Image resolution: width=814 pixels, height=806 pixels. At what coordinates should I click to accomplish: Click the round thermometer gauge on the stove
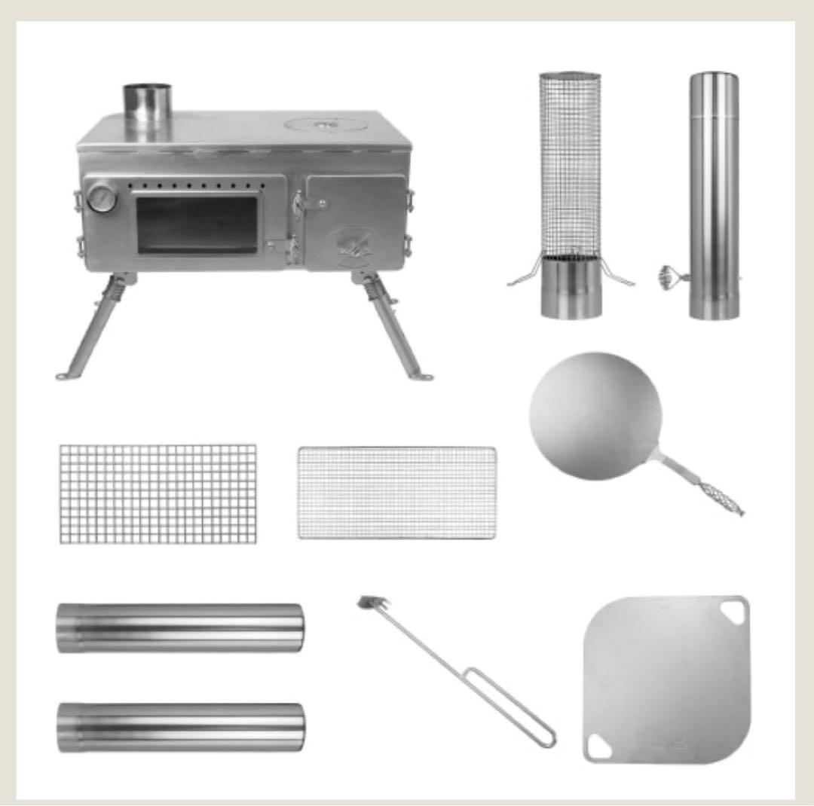click(100, 199)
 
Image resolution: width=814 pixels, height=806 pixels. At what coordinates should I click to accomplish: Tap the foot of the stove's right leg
click(422, 375)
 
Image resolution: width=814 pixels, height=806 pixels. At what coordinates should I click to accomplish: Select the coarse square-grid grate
click(158, 493)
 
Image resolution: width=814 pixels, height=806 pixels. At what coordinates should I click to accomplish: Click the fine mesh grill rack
click(396, 493)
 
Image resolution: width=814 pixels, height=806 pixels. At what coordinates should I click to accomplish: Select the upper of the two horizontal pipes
click(180, 627)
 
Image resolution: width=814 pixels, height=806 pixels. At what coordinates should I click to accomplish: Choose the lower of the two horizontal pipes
click(181, 727)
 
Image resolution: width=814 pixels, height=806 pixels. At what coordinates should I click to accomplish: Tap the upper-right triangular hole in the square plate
click(730, 609)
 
